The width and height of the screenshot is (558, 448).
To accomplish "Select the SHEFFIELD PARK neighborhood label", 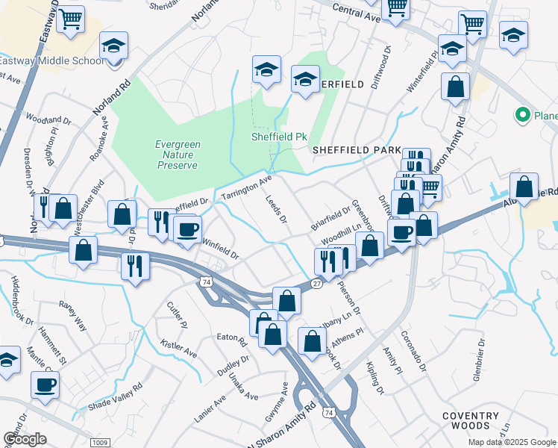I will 357,150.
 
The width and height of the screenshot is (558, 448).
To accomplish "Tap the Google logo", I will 25,439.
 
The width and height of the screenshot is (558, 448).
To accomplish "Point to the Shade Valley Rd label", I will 115,397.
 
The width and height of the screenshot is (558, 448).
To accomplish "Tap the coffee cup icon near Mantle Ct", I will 45,385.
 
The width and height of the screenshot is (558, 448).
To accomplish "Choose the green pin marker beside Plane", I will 522,116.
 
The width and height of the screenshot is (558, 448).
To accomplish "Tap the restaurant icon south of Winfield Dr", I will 135,266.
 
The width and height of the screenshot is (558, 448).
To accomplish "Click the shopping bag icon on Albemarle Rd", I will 524,187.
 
